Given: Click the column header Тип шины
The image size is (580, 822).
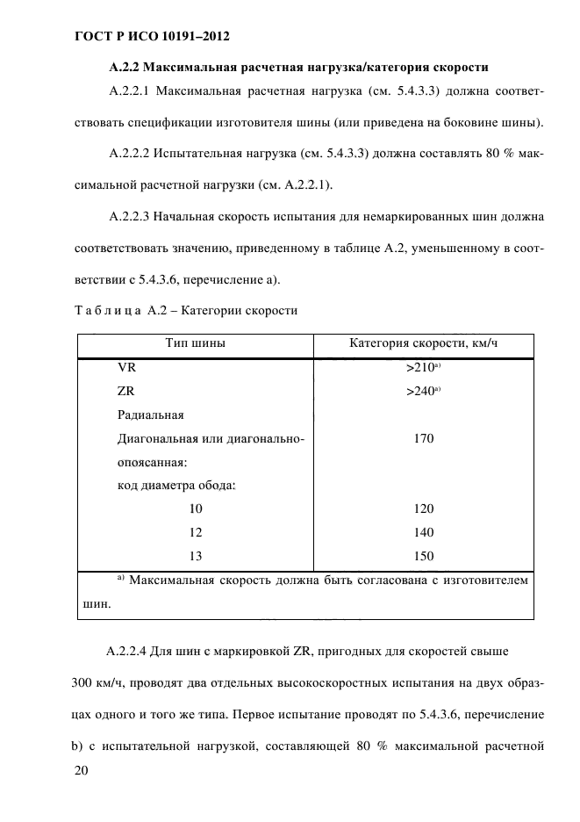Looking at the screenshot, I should point(196,343).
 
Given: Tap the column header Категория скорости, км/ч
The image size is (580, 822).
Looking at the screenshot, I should point(424,343).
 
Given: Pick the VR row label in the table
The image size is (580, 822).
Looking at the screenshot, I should point(126,369).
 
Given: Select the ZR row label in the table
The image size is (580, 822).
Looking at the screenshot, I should point(126,392).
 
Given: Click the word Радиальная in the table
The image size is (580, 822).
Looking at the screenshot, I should point(150,415).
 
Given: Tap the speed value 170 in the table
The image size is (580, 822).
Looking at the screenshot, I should point(424,437).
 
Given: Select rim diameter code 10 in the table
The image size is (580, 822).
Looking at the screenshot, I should point(195,508).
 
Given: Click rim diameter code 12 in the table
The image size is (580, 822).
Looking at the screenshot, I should point(195,532).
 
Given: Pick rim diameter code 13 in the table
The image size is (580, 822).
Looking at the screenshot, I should point(195,556).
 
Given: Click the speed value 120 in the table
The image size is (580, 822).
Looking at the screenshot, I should point(424,508).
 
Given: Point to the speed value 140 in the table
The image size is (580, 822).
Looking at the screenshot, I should point(424,532).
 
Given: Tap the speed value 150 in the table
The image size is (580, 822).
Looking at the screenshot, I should point(424,556).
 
